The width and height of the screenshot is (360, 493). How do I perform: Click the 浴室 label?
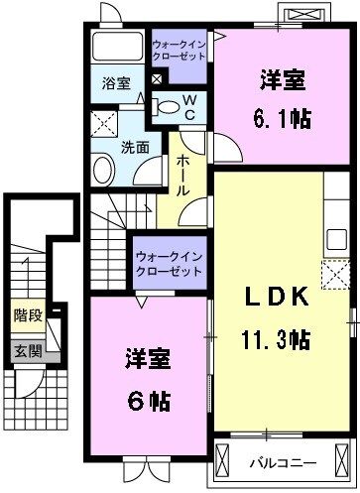[117, 83]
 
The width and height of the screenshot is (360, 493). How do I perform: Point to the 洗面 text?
[136, 146]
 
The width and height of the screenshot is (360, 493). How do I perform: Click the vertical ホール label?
[182, 176]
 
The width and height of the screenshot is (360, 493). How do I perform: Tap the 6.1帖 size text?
[282, 118]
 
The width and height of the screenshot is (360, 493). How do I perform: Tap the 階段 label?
[27, 317]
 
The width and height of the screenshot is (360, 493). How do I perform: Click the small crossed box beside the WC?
[157, 80]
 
